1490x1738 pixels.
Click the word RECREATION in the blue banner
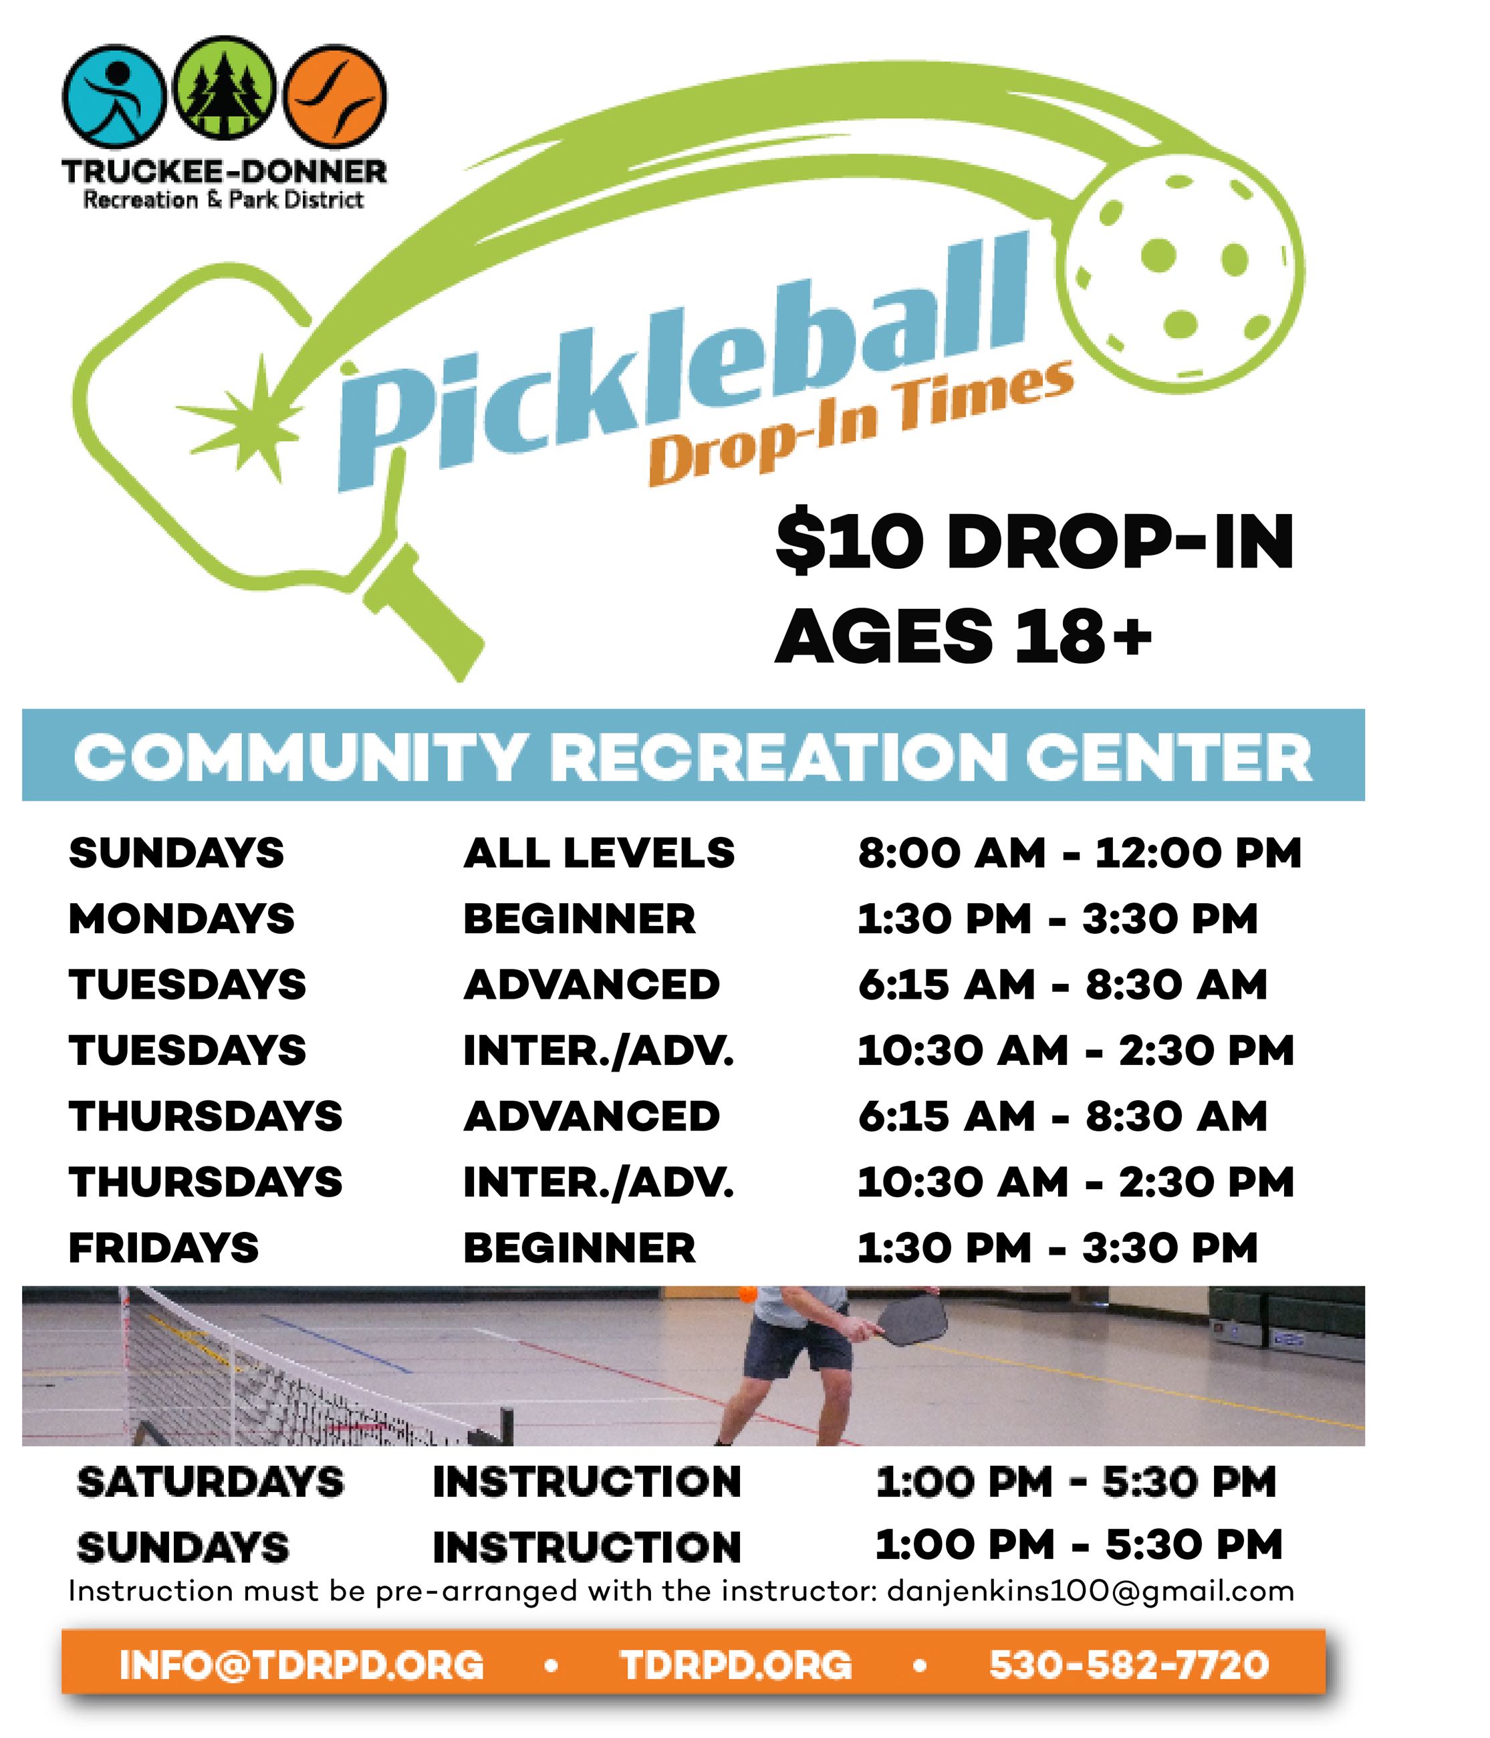pos(779,757)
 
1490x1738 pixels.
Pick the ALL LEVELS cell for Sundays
pos(599,853)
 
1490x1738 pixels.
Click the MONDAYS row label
pos(181,918)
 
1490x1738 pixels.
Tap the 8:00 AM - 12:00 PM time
pos(1079,853)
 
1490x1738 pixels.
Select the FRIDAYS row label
pos(164,1247)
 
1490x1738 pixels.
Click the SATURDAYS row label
pos(211,1482)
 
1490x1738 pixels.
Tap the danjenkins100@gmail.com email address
pos(1090,1591)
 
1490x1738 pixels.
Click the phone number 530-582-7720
pos(1128,1665)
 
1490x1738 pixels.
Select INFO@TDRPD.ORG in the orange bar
pos(302,1665)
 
